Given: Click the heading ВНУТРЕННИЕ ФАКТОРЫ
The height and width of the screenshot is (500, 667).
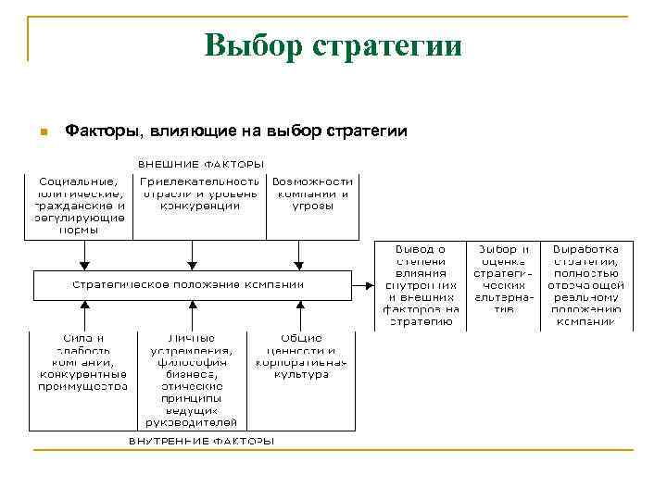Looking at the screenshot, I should point(201,440).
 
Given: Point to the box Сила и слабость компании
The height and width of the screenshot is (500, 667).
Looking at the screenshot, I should point(82,361).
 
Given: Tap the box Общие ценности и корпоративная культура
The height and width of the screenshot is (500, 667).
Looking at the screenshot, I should point(302,356).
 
